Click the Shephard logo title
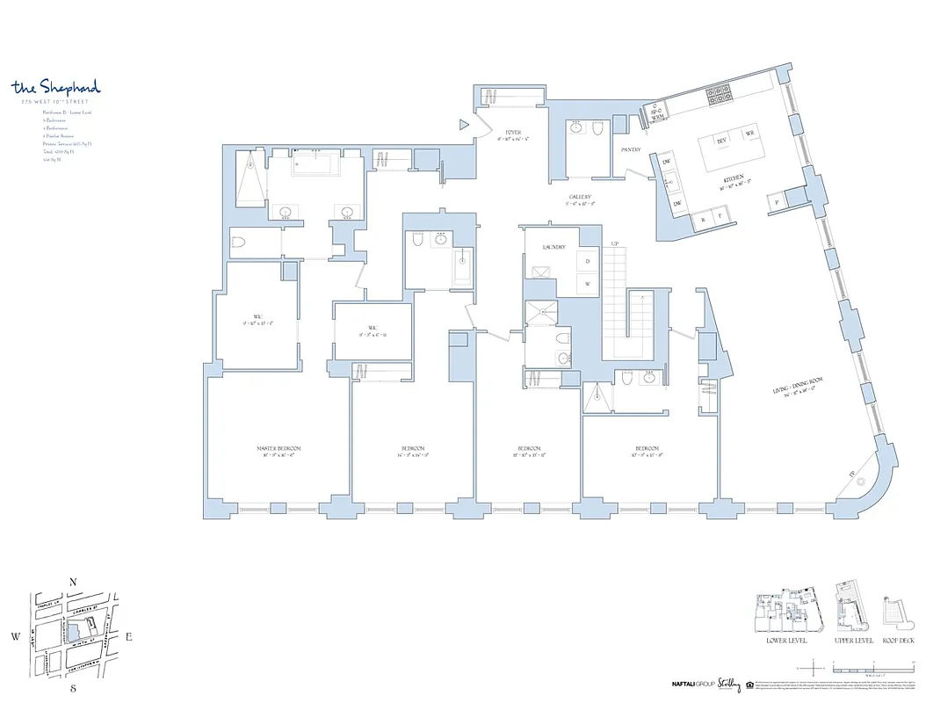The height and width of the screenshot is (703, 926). [56, 87]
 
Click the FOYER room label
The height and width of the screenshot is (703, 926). [514, 133]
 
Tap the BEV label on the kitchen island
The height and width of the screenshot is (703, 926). [722, 140]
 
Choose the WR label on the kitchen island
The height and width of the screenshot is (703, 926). [749, 134]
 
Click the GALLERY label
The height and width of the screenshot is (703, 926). [579, 197]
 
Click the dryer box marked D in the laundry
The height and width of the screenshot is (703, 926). [587, 262]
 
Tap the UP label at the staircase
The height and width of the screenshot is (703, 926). [615, 242]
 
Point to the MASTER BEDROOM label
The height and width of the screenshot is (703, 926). [277, 449]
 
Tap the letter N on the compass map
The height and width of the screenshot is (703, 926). [74, 582]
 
